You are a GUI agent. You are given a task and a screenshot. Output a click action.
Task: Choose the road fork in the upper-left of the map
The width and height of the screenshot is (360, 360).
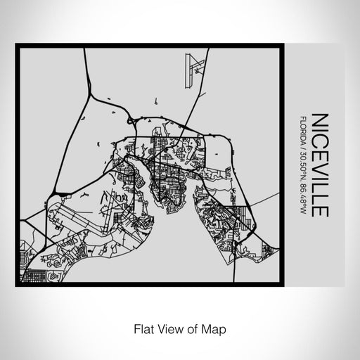tap(91, 89)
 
